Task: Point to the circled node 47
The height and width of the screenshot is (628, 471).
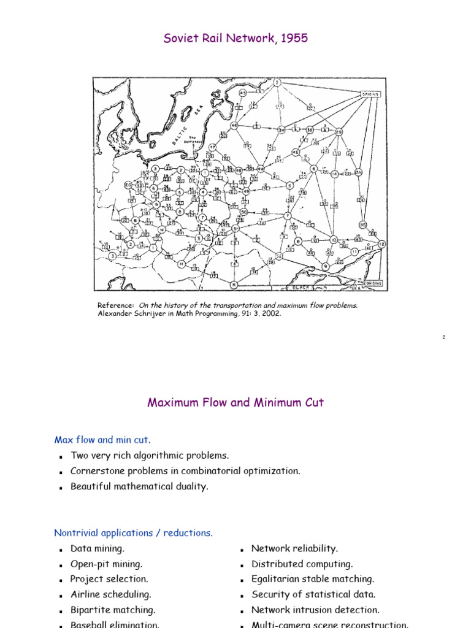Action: click(x=213, y=148)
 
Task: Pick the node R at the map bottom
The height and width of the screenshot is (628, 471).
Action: click(x=234, y=285)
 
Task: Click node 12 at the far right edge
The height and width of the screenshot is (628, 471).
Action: click(x=381, y=243)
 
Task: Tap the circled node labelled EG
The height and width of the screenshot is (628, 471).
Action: click(x=128, y=185)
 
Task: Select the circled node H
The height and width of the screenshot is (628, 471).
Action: click(x=182, y=264)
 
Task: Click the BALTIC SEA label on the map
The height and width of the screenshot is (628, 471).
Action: click(x=187, y=117)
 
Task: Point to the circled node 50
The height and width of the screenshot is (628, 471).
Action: click(x=243, y=212)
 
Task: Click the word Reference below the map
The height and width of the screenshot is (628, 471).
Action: click(x=116, y=305)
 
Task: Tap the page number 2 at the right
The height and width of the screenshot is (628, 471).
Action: click(x=443, y=337)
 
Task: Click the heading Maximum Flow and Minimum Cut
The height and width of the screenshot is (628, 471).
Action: click(x=235, y=403)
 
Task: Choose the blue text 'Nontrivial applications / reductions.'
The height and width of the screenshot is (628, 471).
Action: click(x=134, y=533)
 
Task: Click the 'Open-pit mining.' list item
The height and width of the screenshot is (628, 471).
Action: click(x=106, y=564)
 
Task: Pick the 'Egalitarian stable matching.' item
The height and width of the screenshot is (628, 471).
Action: click(x=313, y=579)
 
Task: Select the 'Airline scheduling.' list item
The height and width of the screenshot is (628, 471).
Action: click(x=110, y=594)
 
